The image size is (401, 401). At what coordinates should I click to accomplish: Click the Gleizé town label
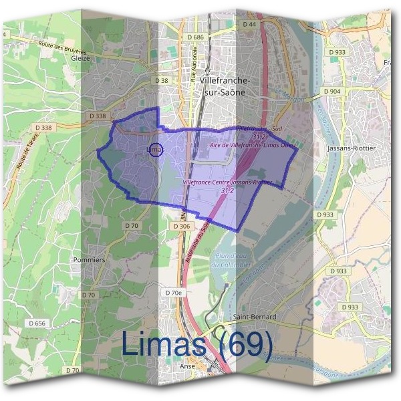point(80,58)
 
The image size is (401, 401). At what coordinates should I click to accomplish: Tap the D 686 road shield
point(195,37)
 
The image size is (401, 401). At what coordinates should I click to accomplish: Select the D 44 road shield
point(249,24)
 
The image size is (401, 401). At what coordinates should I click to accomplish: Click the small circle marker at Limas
point(154,150)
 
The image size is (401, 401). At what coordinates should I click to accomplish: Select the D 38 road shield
point(162,81)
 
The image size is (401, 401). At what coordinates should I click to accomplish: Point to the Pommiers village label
point(91,259)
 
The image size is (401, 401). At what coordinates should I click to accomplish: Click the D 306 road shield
point(181,227)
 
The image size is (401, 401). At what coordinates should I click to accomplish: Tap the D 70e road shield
point(173,293)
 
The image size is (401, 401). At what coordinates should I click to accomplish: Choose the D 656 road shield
point(37,323)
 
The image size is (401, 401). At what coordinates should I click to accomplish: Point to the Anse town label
point(188,366)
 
